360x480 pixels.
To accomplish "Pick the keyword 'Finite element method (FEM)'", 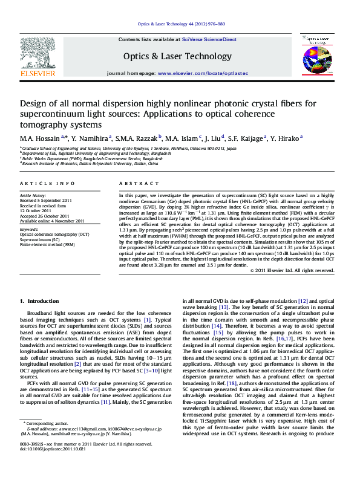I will click(x=47, y=245).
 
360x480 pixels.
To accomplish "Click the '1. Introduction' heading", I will click(x=40, y=300).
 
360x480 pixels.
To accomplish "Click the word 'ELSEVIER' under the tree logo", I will click(x=38, y=73).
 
